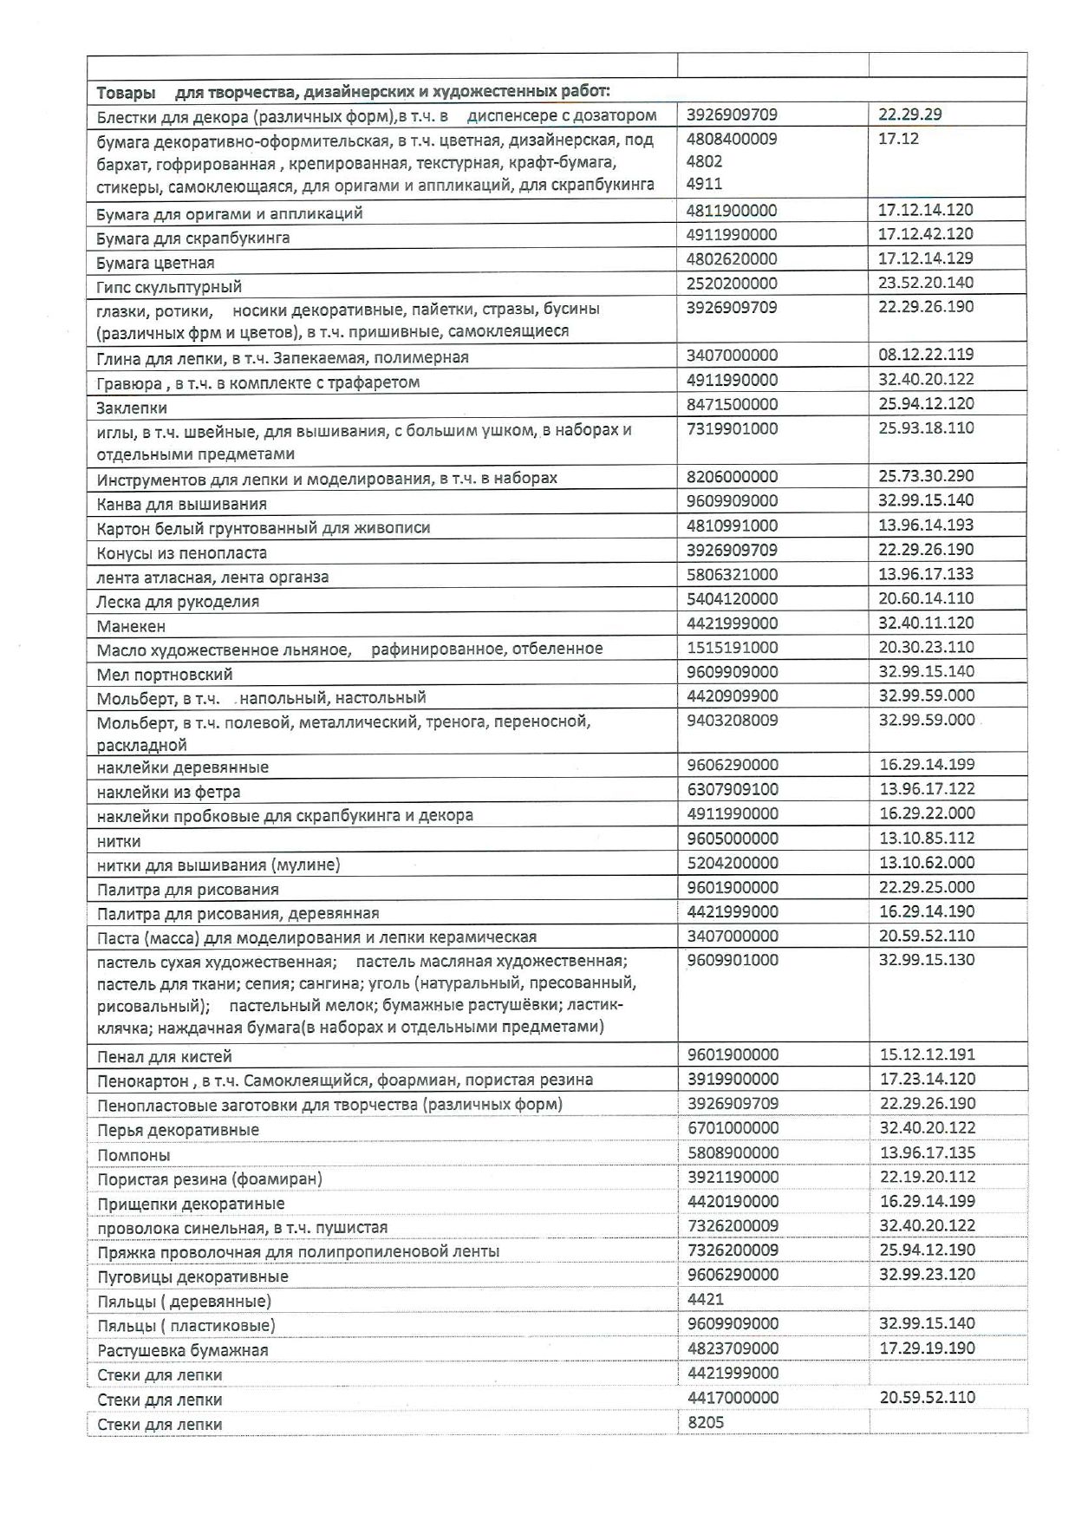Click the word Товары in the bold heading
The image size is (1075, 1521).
127,91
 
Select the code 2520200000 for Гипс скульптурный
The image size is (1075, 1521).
732,283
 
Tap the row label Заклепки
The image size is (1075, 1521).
132,408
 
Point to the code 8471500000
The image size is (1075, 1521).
732,403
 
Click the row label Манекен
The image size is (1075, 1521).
131,626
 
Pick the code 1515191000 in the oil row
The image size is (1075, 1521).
732,647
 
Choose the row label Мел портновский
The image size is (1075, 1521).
165,674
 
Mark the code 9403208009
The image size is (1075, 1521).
732,720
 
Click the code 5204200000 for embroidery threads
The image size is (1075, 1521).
732,862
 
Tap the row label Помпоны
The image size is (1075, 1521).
134,1155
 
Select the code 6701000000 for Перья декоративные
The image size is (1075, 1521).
732,1127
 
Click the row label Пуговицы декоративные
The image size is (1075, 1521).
192,1276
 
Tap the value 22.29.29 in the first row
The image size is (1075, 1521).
909,114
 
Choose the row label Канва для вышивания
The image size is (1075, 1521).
182,504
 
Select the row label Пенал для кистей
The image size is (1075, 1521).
165,1056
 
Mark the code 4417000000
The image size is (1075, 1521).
732,1397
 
